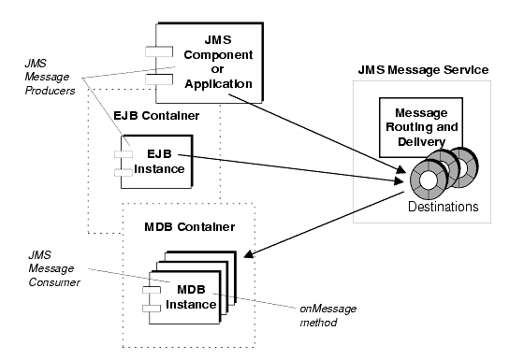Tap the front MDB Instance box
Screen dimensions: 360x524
click(188, 298)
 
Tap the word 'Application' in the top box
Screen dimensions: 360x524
click(221, 83)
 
